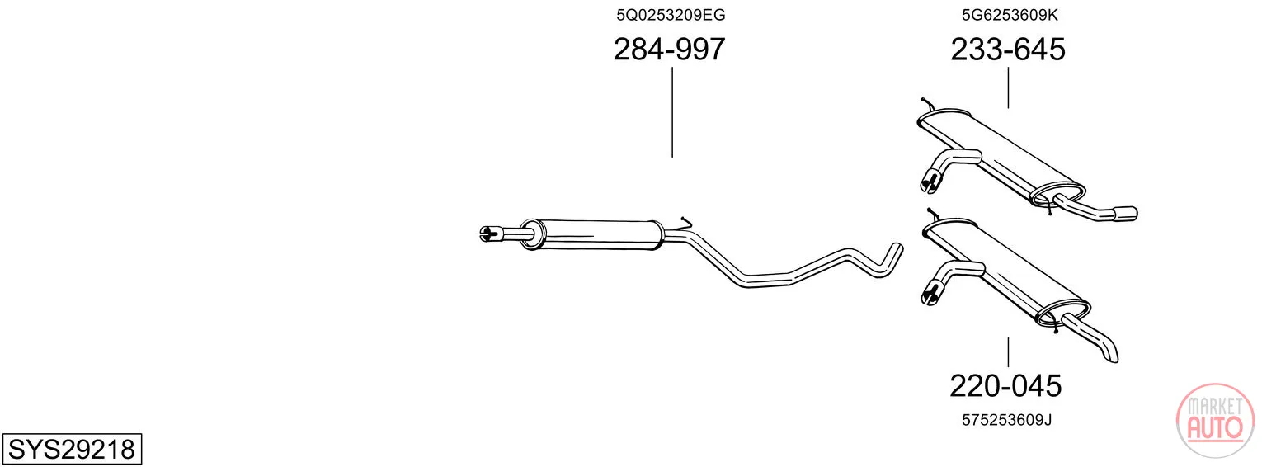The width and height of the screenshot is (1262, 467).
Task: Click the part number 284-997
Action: coord(669,49)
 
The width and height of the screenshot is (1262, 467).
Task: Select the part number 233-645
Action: coord(1008,49)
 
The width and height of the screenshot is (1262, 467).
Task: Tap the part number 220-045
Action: coord(1005,386)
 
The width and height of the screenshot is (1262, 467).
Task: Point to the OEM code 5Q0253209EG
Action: coord(671,15)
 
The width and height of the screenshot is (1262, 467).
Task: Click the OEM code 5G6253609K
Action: coord(1010,15)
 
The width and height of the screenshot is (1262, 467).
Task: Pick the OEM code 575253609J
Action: coord(1007,420)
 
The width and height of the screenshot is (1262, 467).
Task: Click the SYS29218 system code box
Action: coord(72,449)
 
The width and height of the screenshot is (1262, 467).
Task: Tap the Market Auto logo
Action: coord(1215,421)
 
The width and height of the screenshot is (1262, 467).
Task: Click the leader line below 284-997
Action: coord(672,112)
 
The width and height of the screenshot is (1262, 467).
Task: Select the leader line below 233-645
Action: coord(1008,88)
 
